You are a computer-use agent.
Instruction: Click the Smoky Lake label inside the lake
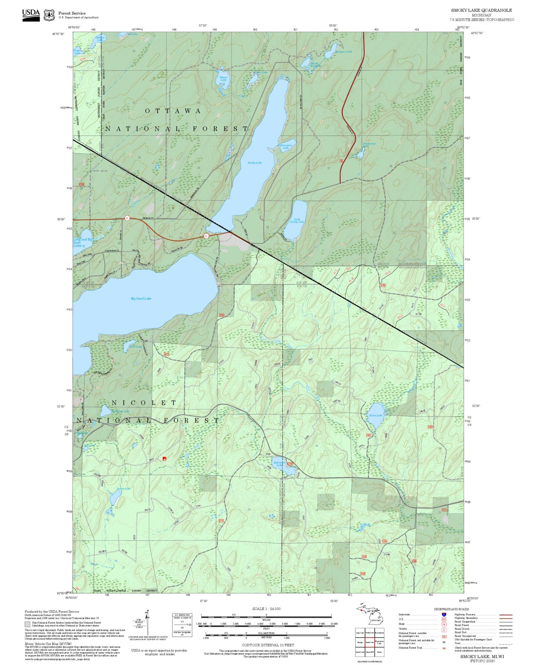coord(254,163)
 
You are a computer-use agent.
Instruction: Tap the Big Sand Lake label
coord(141,298)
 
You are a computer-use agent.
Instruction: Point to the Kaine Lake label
coord(375,415)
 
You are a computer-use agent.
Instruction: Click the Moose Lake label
coord(223,79)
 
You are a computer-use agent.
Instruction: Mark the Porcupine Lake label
coord(286,146)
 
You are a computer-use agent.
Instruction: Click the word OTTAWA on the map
coord(173,111)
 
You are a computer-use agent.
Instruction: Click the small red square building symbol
coord(164,459)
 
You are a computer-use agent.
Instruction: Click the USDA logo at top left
coord(31,14)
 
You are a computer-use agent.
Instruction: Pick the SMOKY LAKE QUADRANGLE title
coord(481,10)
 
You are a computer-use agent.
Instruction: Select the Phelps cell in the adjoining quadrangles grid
coord(360,642)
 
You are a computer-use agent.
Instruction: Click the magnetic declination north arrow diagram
coord(147,623)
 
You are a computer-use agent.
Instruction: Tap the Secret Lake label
coord(123,489)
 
